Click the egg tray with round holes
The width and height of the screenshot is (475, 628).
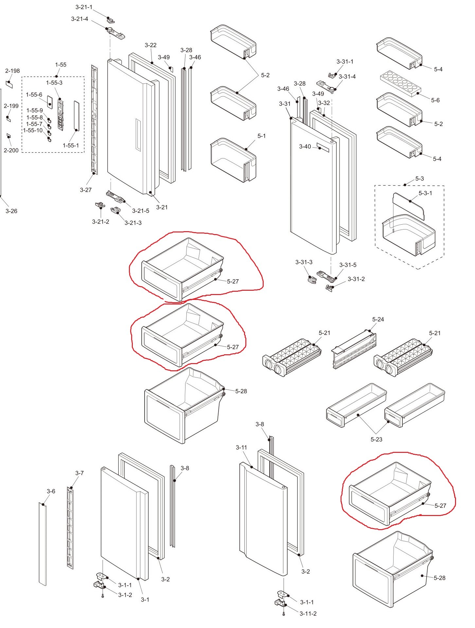pyautogui.click(x=400, y=83)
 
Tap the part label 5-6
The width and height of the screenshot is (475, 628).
pyautogui.click(x=435, y=100)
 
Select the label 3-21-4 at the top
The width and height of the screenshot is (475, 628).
pyautogui.click(x=79, y=19)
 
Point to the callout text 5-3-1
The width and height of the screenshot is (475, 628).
pyautogui.click(x=425, y=193)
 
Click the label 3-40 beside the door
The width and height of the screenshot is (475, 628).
pyautogui.click(x=305, y=147)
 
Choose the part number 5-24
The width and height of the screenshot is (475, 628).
pyautogui.click(x=378, y=319)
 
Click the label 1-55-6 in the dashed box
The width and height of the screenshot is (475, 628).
pyautogui.click(x=34, y=95)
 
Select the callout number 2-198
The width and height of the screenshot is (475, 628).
pyautogui.click(x=12, y=71)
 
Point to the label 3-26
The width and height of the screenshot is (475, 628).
pyautogui.click(x=11, y=211)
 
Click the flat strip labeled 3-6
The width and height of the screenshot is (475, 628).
pyautogui.click(x=43, y=544)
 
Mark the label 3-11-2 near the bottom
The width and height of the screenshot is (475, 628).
pyautogui.click(x=308, y=614)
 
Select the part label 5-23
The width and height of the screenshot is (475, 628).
pyautogui.click(x=376, y=439)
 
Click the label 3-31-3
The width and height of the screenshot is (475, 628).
pyautogui.click(x=304, y=262)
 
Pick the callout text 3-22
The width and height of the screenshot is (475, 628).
pyautogui.click(x=150, y=45)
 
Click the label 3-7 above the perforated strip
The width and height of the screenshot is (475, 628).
pyautogui.click(x=79, y=473)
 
